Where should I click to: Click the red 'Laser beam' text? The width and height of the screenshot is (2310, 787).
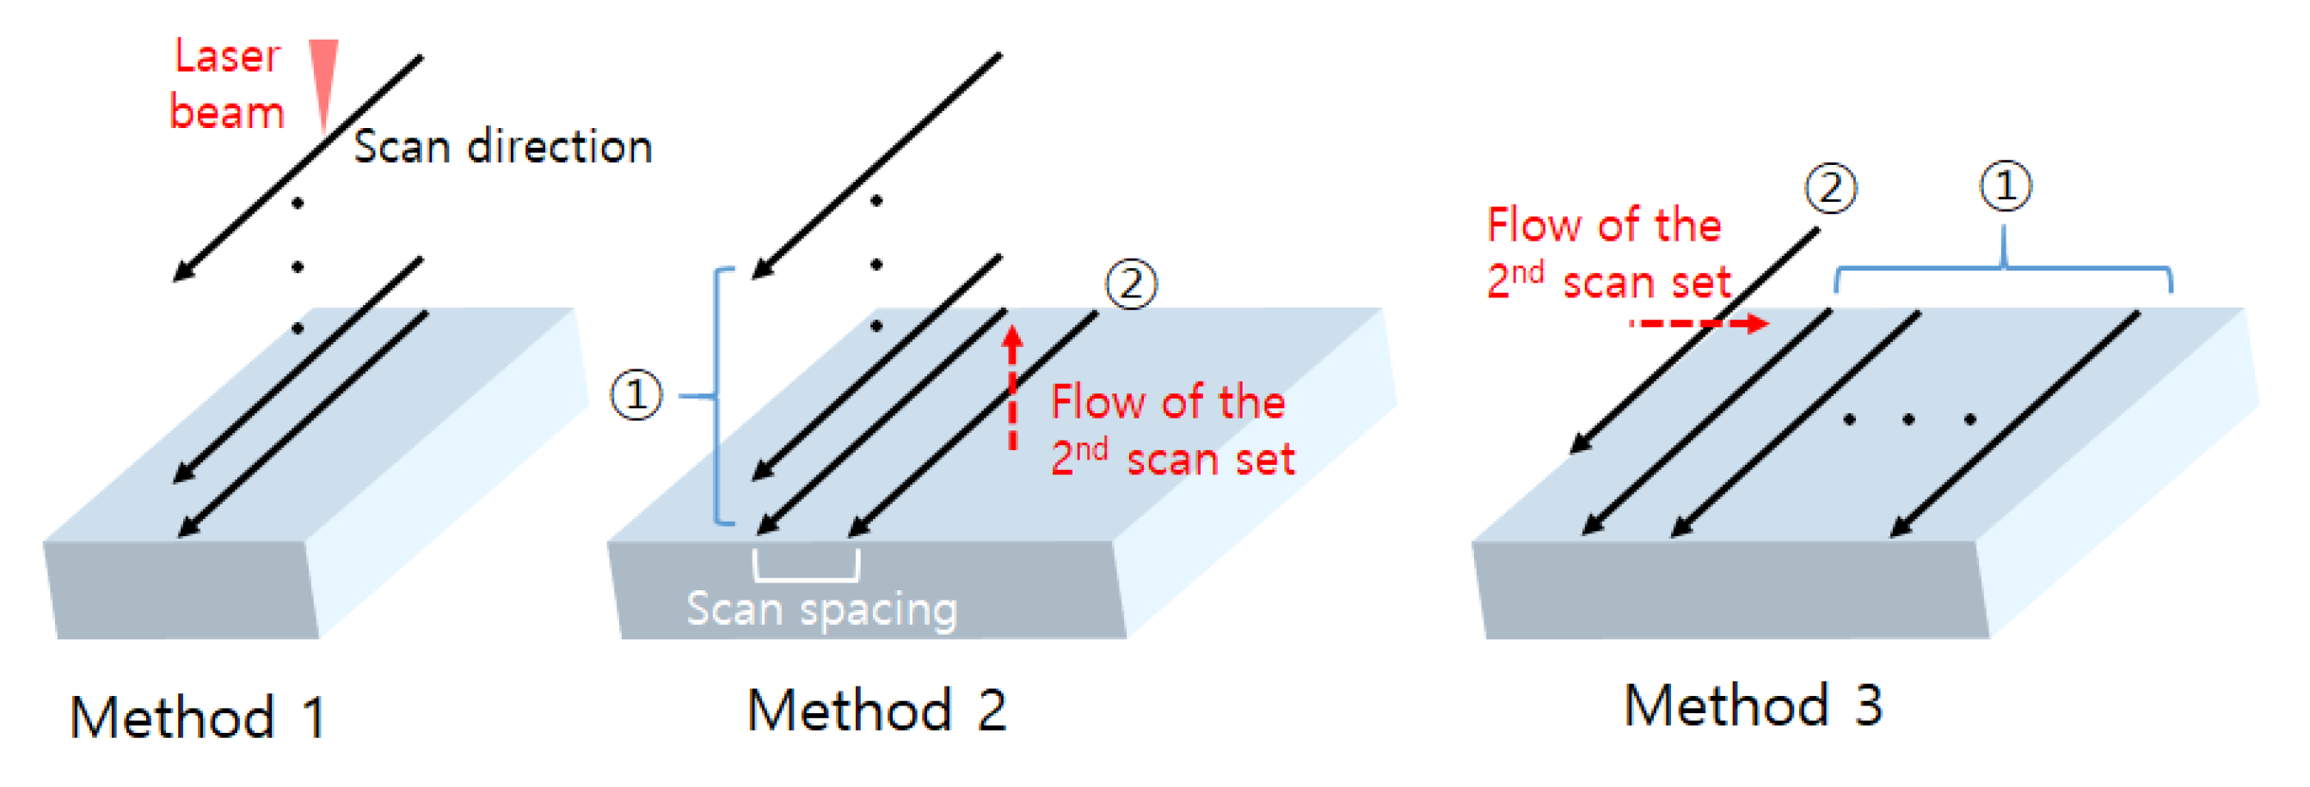pos(227,85)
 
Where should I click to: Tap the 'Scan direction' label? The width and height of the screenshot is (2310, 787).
pos(502,147)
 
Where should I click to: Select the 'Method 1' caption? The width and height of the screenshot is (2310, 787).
pos(198,717)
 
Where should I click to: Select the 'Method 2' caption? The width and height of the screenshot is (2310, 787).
pos(876,710)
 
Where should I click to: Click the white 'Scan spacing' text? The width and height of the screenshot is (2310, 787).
pos(821,609)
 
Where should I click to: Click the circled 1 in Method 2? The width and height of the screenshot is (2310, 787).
pos(636,395)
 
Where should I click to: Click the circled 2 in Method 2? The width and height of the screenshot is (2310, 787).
pos(1130,284)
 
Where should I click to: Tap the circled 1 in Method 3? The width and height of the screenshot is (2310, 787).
pos(2004,186)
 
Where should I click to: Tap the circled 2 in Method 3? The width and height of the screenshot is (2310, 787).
pos(1829,188)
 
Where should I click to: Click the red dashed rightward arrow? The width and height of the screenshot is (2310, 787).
pos(1699,323)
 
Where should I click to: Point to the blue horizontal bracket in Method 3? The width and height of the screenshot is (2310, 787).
pos(2002,268)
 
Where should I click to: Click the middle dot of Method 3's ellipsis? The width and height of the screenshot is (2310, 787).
pos(1908,419)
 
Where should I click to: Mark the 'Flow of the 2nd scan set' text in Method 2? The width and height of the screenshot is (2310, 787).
pos(1171,430)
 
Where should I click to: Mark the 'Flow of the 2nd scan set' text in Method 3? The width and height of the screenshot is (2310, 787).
pos(1607,253)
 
